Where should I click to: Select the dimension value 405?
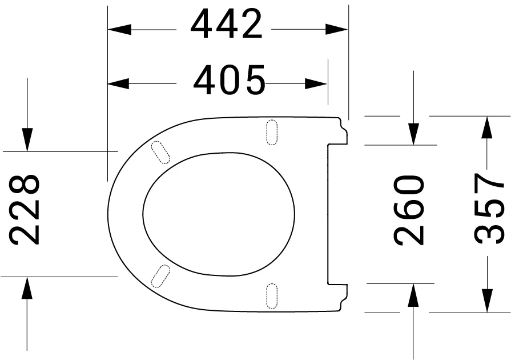tap(230, 81)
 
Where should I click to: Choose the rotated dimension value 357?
tap(490, 210)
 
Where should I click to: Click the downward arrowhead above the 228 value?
tap(27, 139)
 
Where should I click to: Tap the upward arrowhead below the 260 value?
tap(414, 295)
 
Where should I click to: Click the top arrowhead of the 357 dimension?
tap(486, 127)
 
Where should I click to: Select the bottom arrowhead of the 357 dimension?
tap(486, 301)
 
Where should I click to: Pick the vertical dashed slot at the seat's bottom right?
tap(272, 295)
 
